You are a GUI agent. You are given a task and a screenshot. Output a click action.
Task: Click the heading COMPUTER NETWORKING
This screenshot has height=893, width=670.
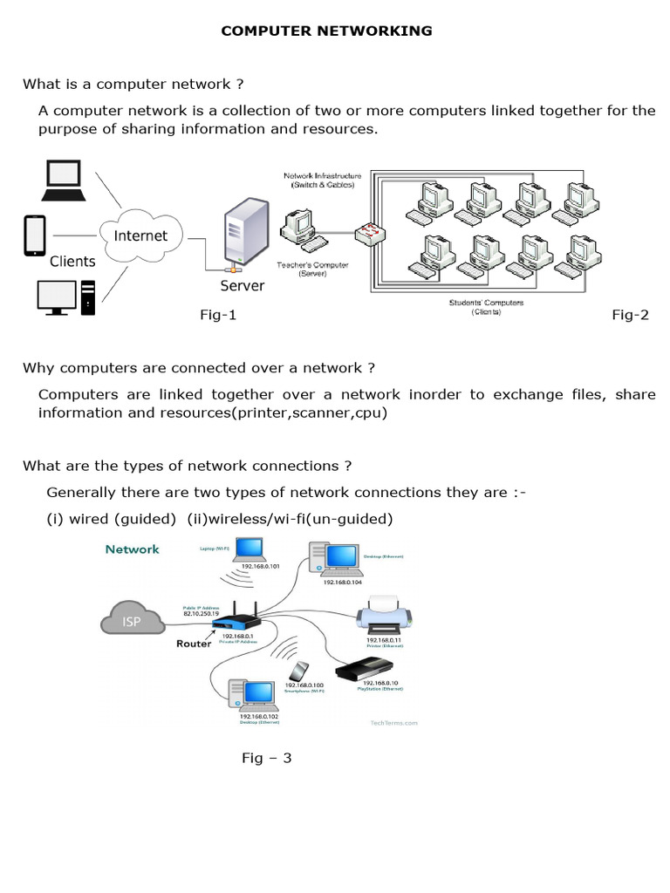coord(326,31)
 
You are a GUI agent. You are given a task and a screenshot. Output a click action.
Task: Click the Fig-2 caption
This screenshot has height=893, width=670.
coord(630,316)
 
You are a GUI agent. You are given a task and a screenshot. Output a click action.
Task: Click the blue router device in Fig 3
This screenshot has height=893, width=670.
coord(235,623)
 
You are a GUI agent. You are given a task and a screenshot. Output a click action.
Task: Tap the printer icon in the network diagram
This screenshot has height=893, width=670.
coord(383,616)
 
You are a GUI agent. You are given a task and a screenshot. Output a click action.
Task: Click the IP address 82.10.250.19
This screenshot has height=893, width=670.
coord(202,614)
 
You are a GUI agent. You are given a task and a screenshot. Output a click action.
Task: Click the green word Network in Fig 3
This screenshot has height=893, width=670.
coord(132,549)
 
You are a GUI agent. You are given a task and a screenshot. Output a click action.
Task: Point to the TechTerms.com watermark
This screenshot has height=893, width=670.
coord(389,723)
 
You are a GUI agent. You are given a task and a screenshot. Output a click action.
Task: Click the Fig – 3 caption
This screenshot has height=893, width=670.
coord(267,758)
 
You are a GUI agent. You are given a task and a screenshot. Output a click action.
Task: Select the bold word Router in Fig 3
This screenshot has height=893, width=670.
coord(195,644)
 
